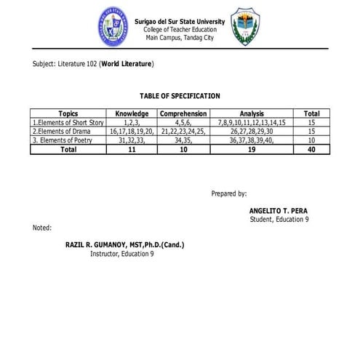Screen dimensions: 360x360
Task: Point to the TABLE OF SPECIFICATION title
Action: (x=180, y=96)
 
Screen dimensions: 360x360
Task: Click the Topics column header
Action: (x=68, y=114)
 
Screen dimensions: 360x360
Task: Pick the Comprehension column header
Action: (x=184, y=114)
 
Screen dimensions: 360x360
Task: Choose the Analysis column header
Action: (x=252, y=114)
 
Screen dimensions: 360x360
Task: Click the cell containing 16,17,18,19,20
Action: (x=132, y=132)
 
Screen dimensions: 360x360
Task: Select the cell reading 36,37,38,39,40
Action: (x=252, y=140)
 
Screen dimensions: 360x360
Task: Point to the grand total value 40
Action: (x=312, y=149)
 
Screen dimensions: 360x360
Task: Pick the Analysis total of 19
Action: (x=252, y=149)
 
